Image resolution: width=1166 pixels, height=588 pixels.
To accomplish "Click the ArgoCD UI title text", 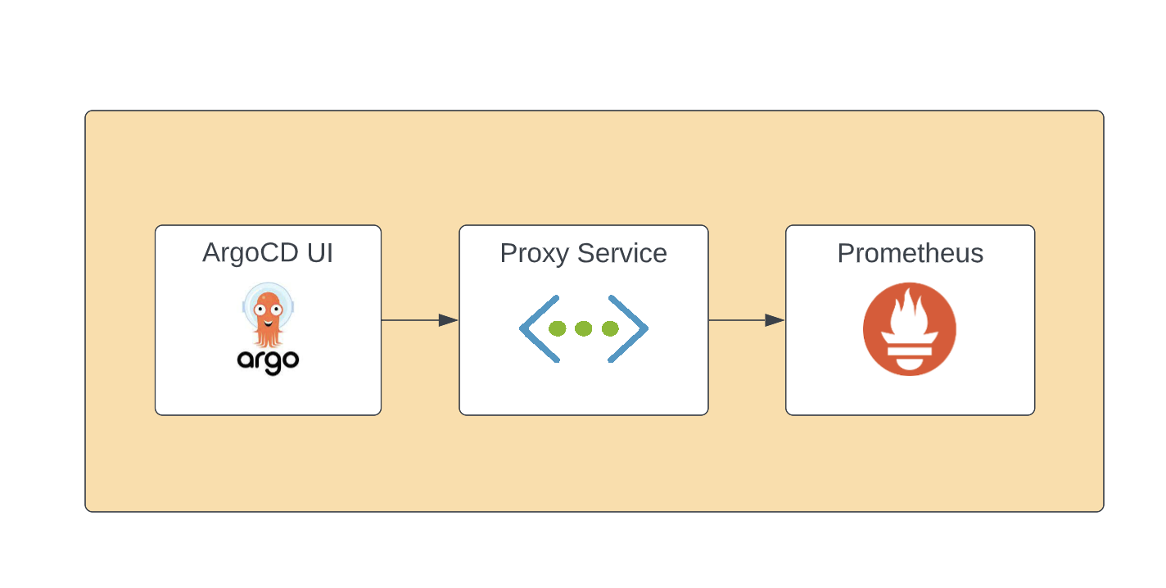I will point(268,253).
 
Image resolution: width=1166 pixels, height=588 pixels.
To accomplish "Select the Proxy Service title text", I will point(583,253).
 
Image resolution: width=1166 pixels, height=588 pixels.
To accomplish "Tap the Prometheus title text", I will point(910,253).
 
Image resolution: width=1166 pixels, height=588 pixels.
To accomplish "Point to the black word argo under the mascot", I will point(268,360).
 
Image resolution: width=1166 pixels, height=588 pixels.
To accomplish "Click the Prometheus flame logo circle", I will point(910,329).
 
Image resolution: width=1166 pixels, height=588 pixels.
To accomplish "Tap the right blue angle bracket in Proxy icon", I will point(629,328).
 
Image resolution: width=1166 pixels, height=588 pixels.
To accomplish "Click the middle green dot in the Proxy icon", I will point(583,328).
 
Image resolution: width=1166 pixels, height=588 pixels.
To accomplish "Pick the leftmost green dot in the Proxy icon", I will point(557,328).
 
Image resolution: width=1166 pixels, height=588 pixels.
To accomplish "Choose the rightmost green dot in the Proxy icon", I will point(610,328).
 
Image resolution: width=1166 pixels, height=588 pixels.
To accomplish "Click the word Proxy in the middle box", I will point(534,253).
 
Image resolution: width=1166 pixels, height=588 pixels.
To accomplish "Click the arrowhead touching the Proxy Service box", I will point(448,320).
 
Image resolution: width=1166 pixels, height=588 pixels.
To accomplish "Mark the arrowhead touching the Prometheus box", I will point(775,320).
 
